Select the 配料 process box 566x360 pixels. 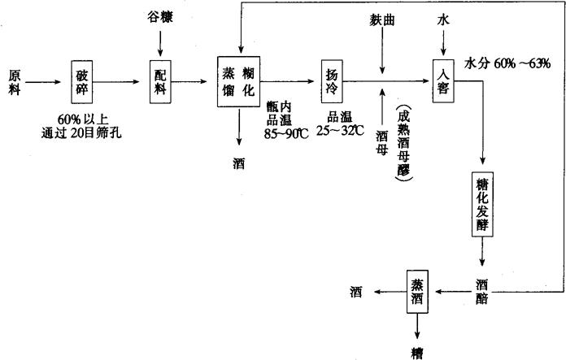(x=159, y=80)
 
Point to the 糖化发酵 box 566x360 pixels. (x=482, y=203)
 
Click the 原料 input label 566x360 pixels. (x=16, y=80)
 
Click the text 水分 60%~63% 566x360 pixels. (x=507, y=63)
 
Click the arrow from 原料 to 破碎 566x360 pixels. (x=46, y=80)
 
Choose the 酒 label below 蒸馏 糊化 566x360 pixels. (x=239, y=163)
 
